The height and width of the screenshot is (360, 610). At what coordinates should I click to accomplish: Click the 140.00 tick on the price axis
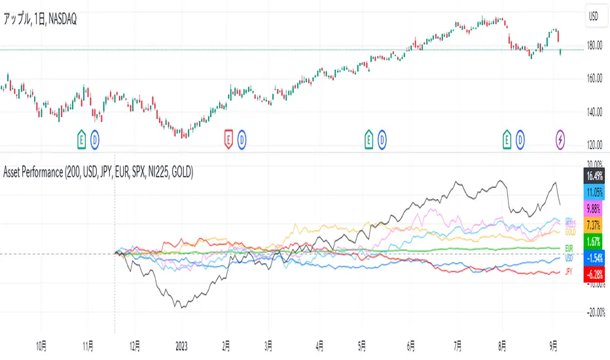tap(594, 113)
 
